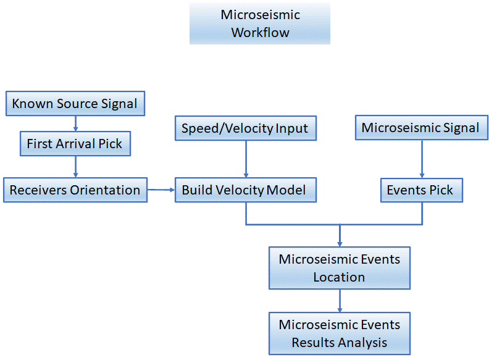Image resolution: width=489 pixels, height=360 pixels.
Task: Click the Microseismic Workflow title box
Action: tap(260, 23)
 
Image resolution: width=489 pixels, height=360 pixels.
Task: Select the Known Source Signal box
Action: tap(75, 104)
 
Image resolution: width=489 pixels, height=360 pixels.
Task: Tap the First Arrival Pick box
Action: tap(75, 143)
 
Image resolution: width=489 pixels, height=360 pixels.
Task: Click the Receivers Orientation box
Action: tap(75, 190)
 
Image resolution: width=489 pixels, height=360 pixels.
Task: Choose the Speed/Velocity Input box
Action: tap(246, 128)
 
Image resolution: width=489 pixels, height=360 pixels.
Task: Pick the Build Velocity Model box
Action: tap(246, 190)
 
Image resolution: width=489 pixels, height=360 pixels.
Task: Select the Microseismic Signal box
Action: tap(422, 128)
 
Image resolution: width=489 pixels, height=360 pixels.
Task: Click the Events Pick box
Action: tap(422, 190)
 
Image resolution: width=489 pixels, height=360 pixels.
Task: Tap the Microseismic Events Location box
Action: tap(340, 268)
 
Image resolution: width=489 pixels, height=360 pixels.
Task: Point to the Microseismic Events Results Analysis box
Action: tap(340, 333)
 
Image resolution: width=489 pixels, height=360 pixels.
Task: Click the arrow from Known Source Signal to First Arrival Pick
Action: tap(75, 123)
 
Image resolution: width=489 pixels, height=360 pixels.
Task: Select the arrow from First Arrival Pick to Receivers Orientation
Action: tap(75, 167)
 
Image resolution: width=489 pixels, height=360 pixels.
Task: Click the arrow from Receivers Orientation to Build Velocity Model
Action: tap(161, 190)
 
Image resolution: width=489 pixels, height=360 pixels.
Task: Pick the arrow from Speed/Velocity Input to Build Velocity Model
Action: tap(246, 159)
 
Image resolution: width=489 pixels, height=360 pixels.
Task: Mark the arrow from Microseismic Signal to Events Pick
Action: tap(422, 159)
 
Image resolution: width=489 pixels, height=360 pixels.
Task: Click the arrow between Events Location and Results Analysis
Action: tap(340, 301)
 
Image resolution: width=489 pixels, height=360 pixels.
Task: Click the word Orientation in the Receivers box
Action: tap(105, 190)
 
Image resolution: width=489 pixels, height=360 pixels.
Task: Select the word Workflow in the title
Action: tap(260, 33)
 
